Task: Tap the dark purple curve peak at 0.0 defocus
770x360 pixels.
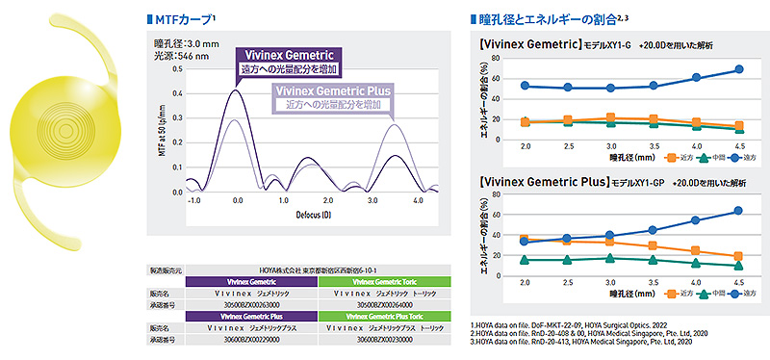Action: [x=237, y=90]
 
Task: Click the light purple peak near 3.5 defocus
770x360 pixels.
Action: [x=395, y=123]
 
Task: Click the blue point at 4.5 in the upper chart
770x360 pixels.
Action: [x=738, y=69]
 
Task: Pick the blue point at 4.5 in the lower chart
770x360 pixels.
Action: [x=738, y=210]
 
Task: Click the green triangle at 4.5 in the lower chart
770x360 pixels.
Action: [x=738, y=266]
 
